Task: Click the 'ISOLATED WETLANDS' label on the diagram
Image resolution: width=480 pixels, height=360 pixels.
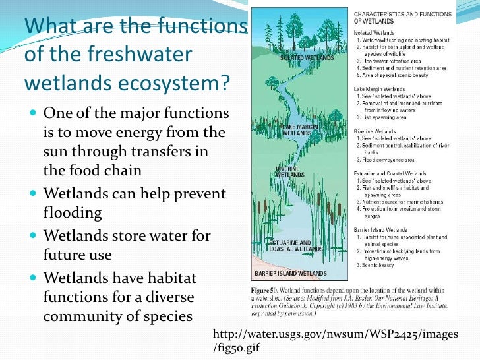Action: point(301,57)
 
